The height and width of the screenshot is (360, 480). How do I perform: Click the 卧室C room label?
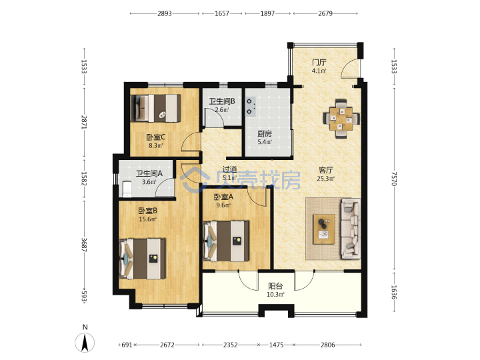click(156, 137)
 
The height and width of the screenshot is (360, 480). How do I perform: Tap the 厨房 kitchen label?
click(265, 134)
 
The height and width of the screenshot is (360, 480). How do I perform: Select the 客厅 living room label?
click(326, 170)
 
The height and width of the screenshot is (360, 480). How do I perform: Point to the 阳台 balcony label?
click(275, 286)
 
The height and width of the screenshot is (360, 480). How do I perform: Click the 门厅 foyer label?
click(319, 63)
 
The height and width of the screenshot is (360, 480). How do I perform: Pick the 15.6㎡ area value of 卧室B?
click(148, 219)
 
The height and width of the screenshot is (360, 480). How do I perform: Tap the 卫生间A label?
click(149, 173)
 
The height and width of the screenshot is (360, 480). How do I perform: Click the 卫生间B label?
click(222, 101)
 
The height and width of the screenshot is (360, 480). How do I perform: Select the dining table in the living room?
click(341, 119)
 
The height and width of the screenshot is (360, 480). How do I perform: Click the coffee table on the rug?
click(324, 229)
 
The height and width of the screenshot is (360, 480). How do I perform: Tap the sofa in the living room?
click(351, 229)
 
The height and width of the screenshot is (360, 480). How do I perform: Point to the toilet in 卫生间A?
click(127, 189)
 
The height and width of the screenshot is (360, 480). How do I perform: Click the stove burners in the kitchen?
click(251, 107)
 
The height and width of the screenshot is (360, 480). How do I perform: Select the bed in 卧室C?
click(155, 108)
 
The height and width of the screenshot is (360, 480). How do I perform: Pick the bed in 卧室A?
click(226, 241)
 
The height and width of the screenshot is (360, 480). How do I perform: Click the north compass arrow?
click(85, 342)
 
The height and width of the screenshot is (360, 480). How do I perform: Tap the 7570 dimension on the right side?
click(394, 179)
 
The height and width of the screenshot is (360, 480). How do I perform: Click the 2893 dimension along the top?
click(165, 13)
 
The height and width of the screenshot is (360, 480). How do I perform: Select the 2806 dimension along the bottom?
click(328, 345)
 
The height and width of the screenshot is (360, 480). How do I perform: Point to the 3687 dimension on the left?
click(84, 245)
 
